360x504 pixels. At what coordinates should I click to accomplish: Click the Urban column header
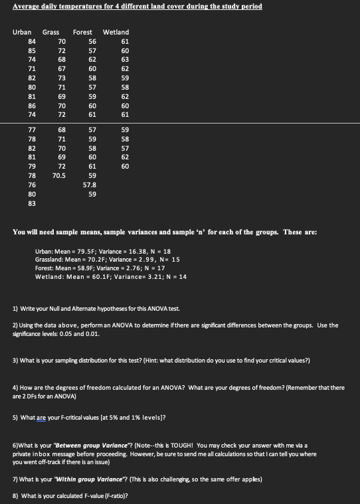click(x=22, y=32)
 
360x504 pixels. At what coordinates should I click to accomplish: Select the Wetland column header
click(x=116, y=32)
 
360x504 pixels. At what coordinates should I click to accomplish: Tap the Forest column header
click(x=82, y=32)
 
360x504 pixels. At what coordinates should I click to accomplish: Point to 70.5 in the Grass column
click(x=59, y=175)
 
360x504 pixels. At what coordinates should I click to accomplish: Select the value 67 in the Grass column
click(x=62, y=68)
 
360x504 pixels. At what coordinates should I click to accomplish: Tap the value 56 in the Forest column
click(x=92, y=41)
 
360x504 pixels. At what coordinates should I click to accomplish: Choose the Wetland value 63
click(x=125, y=59)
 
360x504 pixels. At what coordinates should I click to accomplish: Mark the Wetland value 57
click(x=125, y=147)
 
